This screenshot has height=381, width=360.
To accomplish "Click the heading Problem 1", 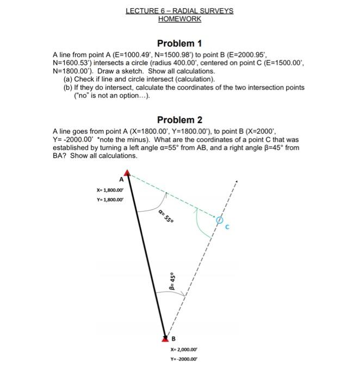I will click(x=179, y=43).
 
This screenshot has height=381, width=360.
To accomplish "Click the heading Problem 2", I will click(x=179, y=120).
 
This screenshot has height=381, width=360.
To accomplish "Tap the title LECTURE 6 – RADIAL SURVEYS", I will click(x=179, y=11).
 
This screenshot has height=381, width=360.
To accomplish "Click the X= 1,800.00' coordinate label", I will click(x=109, y=190).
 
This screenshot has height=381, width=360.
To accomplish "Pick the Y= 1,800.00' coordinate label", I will click(x=109, y=199).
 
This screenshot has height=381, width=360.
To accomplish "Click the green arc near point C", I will click(x=199, y=220).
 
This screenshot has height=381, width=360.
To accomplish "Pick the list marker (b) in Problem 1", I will click(x=69, y=87).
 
